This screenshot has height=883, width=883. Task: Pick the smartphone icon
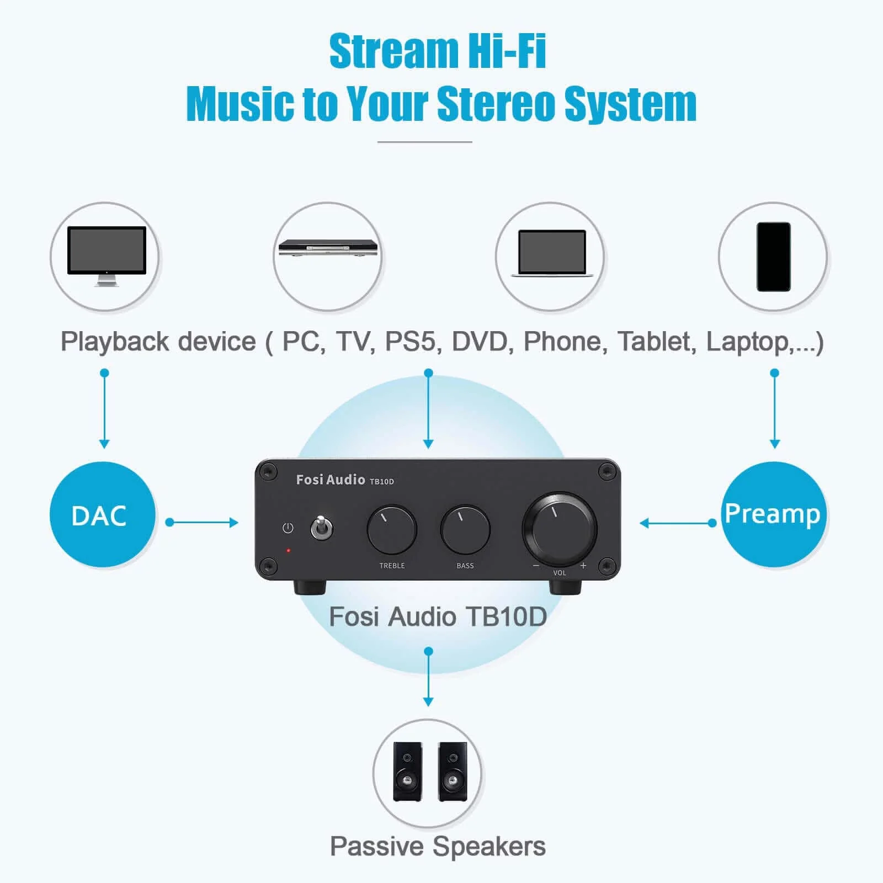tap(773, 257)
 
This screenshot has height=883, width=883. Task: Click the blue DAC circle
tap(102, 514)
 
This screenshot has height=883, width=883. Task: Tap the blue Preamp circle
tap(773, 514)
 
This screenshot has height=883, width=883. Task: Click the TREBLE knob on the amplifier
tap(391, 529)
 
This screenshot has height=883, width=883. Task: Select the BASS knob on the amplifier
tap(465, 529)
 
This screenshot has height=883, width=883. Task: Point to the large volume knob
tap(559, 528)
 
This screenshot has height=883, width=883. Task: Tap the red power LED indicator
tap(288, 550)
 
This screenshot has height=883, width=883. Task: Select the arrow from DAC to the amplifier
tap(203, 522)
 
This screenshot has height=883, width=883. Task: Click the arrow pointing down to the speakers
tap(428, 678)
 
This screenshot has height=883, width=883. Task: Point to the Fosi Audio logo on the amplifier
tap(331, 480)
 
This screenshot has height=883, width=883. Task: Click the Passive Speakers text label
tap(438, 846)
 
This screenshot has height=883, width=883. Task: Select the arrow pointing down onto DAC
tap(104, 409)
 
